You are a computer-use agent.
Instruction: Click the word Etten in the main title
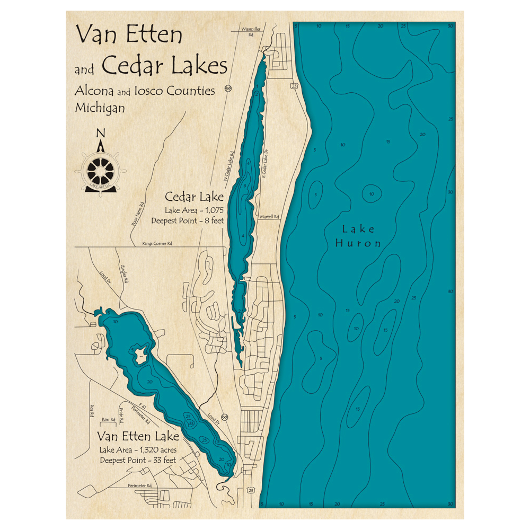(x=154, y=35)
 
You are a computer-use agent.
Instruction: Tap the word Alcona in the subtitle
(x=94, y=91)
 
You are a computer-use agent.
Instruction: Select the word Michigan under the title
(x=100, y=108)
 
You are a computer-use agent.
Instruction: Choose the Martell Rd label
(x=269, y=217)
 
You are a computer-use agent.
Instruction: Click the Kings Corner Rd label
(x=157, y=244)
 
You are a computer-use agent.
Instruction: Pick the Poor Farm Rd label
(x=137, y=214)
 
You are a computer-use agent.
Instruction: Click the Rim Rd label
(x=108, y=419)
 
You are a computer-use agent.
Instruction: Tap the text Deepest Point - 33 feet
(x=138, y=460)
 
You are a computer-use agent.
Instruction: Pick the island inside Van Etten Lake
(x=140, y=353)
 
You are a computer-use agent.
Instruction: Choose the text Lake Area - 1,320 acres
(x=137, y=450)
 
